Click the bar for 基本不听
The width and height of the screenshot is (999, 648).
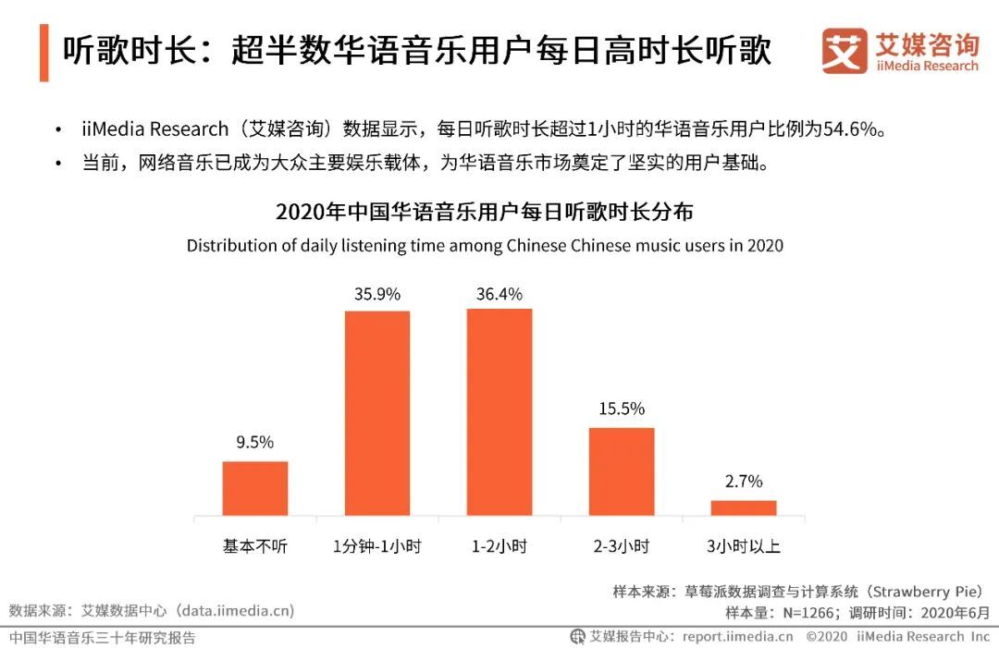(x=255, y=488)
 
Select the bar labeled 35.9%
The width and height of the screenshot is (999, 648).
(x=377, y=413)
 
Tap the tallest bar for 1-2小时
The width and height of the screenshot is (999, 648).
(x=499, y=412)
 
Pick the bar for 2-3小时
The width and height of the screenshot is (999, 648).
(x=622, y=471)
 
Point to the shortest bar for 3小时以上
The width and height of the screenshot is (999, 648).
(x=744, y=507)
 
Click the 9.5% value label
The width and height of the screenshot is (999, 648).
(x=255, y=443)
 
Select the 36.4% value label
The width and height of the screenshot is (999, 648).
(x=499, y=295)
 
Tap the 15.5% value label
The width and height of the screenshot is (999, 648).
(x=622, y=409)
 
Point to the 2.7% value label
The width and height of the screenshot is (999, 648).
(x=744, y=482)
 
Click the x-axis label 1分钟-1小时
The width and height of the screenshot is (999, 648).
(x=377, y=546)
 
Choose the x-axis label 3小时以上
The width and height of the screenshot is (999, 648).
(x=744, y=546)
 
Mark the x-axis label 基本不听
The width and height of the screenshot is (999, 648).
(x=255, y=546)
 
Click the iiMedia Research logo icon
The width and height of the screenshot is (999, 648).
(x=844, y=51)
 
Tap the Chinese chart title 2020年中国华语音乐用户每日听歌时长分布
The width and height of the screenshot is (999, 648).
(x=485, y=212)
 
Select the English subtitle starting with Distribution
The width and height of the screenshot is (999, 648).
(x=485, y=246)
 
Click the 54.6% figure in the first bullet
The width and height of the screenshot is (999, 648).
(x=849, y=129)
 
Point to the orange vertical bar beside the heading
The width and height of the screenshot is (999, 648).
(x=43, y=53)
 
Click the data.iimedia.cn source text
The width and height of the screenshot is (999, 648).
(x=237, y=610)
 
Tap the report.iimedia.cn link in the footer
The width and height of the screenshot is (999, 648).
(x=737, y=636)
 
